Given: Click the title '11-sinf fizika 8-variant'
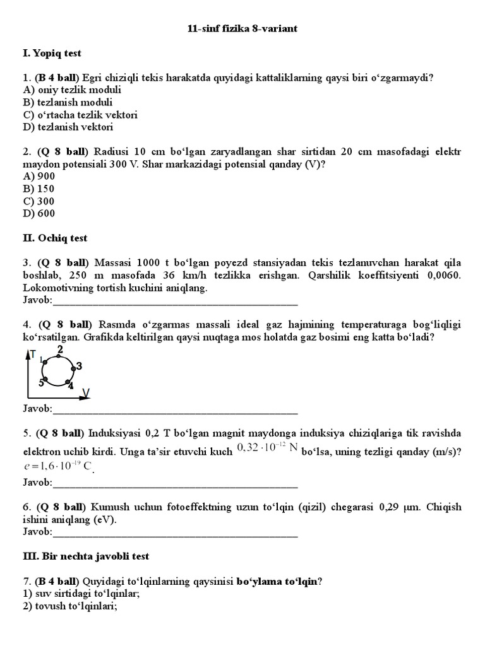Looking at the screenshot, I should [242, 29].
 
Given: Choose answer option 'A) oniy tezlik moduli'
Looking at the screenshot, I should [72, 90].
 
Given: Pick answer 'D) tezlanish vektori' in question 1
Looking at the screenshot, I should [68, 127].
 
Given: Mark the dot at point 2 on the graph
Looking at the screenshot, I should [59, 357].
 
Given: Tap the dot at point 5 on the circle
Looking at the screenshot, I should [45, 379].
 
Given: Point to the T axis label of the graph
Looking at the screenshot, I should [33, 355].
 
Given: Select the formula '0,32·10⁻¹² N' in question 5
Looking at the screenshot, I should [266, 448].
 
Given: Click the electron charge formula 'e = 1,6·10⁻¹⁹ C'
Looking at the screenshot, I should [57, 467].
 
